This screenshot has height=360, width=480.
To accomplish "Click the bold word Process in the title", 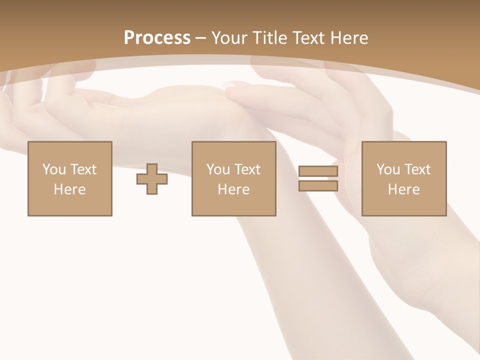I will [x=157, y=38].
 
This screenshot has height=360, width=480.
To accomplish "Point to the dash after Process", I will [x=201, y=38].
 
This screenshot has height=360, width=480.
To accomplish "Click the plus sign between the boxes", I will [x=152, y=179].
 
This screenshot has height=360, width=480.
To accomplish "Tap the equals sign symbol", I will [x=318, y=178].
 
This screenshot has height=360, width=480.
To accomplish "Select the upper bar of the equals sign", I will [x=318, y=171].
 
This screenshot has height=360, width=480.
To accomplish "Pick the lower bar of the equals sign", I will [x=318, y=186].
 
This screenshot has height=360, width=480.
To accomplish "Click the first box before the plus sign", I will [x=70, y=178].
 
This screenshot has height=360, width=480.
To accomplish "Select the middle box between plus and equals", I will [x=234, y=178].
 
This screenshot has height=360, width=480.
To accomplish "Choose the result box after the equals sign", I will [x=404, y=178].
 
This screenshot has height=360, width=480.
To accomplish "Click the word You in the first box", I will [x=54, y=169].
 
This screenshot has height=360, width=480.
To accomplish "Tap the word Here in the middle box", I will [x=234, y=189].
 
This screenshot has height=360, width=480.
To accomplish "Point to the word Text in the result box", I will [x=417, y=169].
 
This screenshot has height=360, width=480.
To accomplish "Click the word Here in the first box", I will [x=70, y=189].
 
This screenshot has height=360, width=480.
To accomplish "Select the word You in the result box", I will [x=388, y=169].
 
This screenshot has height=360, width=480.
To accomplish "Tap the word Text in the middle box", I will [x=247, y=169].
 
